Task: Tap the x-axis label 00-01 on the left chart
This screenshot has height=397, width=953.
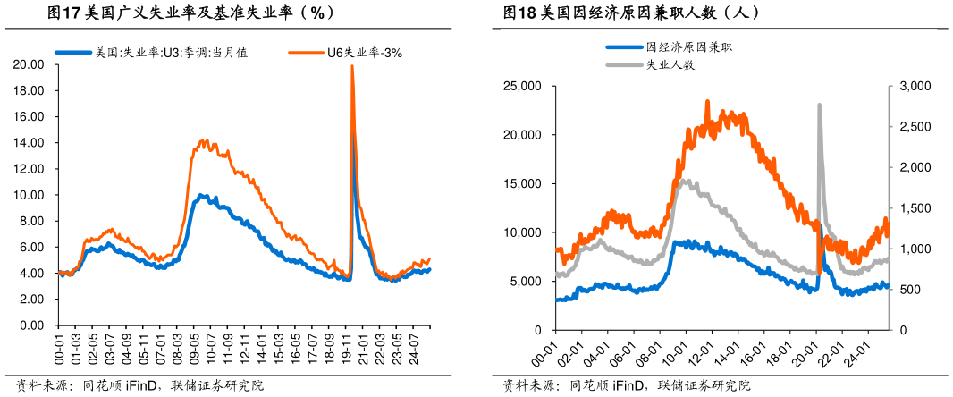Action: pyautogui.click(x=59, y=346)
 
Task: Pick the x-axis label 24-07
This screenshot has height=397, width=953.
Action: pyautogui.click(x=417, y=346)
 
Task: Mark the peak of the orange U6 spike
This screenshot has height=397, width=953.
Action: pyautogui.click(x=352, y=66)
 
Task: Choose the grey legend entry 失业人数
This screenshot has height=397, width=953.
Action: pyautogui.click(x=670, y=64)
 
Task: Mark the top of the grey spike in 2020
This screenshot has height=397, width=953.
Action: pyautogui.click(x=819, y=106)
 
